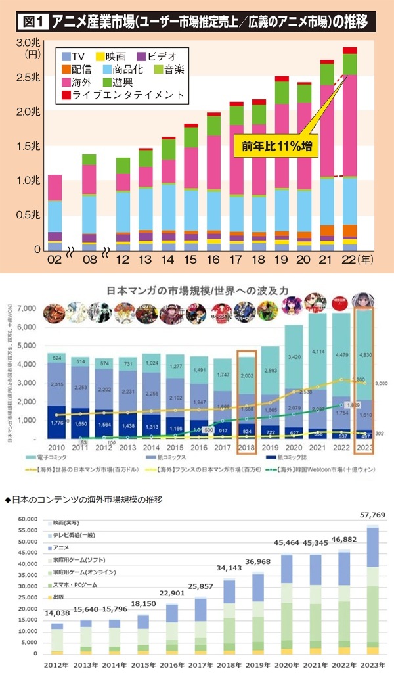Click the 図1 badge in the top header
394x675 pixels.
click(30, 21)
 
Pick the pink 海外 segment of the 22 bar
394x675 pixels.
click(349, 125)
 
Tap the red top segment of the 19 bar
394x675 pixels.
click(282, 79)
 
